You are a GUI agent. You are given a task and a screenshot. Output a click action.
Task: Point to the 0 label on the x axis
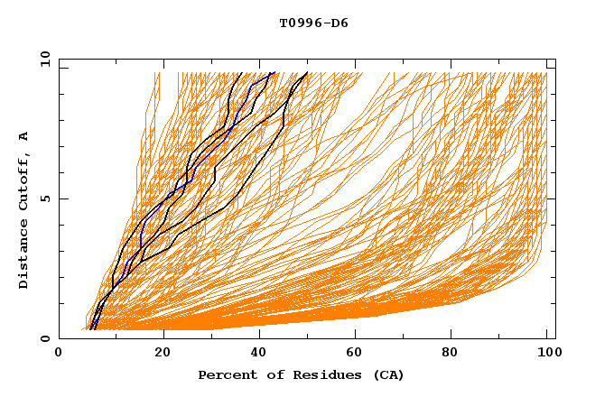[x=60, y=355]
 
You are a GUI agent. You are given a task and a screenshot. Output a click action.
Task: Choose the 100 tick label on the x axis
[x=547, y=355]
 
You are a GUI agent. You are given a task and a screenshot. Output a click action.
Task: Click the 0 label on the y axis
[x=45, y=339]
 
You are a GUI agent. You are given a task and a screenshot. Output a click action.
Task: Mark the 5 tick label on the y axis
[x=45, y=198]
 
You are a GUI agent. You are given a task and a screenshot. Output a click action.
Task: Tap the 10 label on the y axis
[x=42, y=59]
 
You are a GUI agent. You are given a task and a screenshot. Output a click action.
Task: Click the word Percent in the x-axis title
[x=226, y=375]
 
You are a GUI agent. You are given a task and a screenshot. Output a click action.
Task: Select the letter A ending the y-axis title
[x=24, y=135]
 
